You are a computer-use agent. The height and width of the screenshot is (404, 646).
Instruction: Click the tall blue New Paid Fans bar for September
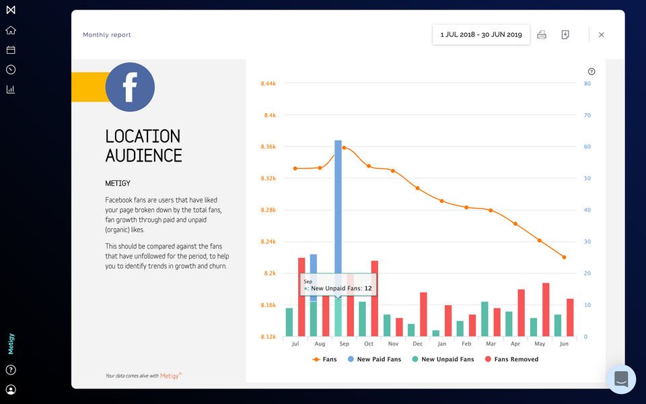coord(338,202)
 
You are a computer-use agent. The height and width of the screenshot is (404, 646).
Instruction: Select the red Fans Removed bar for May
coord(546,310)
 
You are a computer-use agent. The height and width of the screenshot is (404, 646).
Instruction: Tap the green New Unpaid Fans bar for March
coord(485,319)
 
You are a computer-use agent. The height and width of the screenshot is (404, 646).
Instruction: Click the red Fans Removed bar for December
coord(423,314)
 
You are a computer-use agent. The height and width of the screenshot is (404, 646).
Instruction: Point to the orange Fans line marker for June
coord(564,257)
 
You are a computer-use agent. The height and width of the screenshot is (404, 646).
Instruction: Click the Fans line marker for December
coord(417,188)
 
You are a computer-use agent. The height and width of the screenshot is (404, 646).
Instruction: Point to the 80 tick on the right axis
coord(587,83)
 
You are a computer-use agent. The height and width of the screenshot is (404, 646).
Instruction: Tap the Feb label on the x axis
coord(466,344)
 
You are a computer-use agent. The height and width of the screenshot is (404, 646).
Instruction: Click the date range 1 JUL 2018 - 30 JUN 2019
coord(481,34)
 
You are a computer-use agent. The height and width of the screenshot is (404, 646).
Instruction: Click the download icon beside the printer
coord(565,34)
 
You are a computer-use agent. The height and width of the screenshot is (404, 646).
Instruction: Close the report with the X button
coord(601,34)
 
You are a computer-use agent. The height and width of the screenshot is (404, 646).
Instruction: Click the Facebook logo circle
coord(130,87)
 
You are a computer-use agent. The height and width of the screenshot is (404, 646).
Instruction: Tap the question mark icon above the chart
coord(591,71)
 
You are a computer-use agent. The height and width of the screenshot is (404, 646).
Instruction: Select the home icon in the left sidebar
coord(11,30)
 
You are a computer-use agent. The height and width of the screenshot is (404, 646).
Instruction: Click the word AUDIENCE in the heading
coord(143,156)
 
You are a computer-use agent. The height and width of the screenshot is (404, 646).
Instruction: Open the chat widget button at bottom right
coord(620,379)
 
